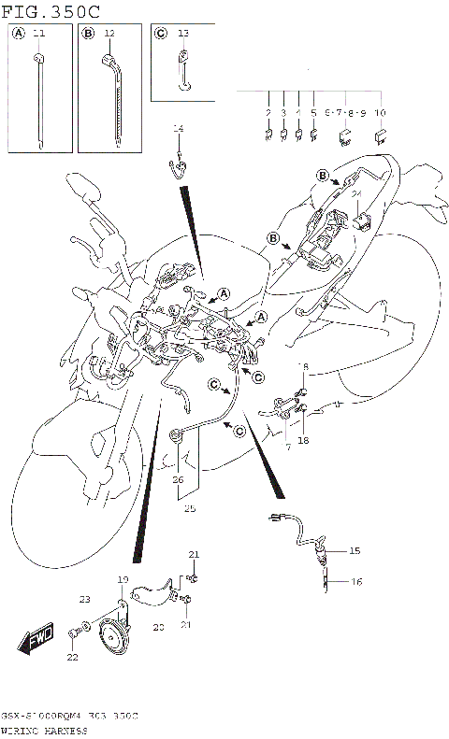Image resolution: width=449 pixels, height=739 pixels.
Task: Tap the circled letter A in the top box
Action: [19, 33]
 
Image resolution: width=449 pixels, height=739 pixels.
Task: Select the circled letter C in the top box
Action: [160, 33]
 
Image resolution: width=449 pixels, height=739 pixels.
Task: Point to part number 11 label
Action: [38, 33]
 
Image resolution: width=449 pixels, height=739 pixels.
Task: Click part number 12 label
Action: [109, 33]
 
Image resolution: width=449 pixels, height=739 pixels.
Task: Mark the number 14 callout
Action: [178, 128]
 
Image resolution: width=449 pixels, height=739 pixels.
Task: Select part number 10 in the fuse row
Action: [380, 112]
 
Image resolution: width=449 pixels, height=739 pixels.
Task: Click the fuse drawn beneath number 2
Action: [268, 135]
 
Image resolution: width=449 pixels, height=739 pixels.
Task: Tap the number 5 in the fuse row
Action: [313, 112]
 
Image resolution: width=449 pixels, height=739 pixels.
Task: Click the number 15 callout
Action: [355, 551]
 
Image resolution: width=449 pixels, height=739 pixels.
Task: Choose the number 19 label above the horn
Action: [122, 580]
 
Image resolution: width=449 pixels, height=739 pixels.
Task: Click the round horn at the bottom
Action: [116, 637]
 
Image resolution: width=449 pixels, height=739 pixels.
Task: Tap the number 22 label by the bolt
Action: [71, 659]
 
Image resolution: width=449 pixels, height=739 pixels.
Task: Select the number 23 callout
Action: [85, 599]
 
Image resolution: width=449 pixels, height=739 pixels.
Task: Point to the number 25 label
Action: [191, 510]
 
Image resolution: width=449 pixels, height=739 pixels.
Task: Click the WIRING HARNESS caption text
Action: [45, 729]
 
